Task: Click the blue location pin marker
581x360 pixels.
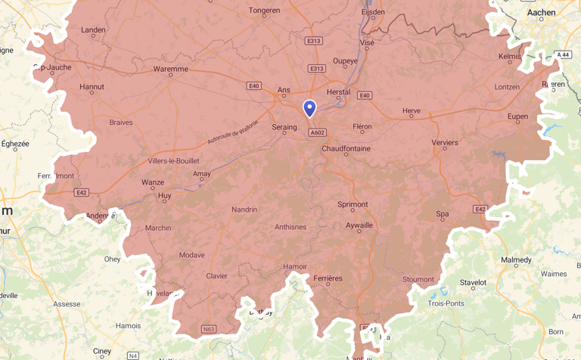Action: pos(309,109)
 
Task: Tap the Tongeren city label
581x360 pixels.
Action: pos(264,11)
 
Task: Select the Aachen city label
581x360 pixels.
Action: pos(541,12)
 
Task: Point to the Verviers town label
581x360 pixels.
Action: pos(445,142)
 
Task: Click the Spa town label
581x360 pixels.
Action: pos(443,214)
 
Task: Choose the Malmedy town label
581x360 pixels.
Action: pos(516,260)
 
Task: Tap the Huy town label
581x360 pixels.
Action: pos(164,196)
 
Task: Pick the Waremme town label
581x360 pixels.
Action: pos(170,69)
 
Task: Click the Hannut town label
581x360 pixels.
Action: pos(92,87)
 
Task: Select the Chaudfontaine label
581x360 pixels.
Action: pos(346,149)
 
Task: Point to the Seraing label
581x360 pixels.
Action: pos(284,128)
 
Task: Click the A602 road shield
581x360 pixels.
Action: pos(317,132)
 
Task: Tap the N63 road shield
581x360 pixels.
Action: pos(209,329)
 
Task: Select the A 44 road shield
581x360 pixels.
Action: pos(562,54)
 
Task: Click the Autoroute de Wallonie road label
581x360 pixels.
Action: pos(233,132)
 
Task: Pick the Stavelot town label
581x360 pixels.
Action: pos(473,283)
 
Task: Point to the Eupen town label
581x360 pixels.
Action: pos(517,116)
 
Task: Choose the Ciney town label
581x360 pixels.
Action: pos(101,351)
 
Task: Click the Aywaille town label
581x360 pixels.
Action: pos(359,225)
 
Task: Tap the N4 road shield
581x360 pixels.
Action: pos(132,355)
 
